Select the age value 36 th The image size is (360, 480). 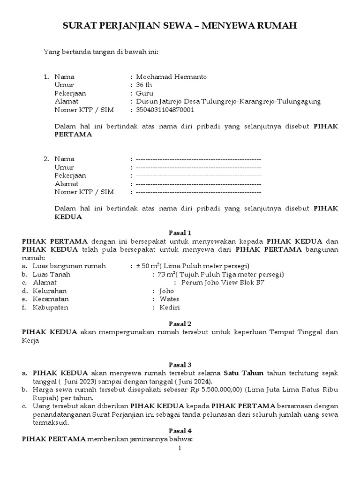click(144, 85)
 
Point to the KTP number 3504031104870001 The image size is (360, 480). click(165, 110)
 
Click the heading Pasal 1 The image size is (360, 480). click(180, 232)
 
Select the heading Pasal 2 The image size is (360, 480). click(180, 324)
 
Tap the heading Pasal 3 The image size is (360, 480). click(180, 364)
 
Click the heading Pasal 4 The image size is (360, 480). click(180, 431)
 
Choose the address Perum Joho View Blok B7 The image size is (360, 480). click(219, 283)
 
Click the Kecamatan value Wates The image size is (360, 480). click(169, 299)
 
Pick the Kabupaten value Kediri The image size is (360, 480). click(170, 307)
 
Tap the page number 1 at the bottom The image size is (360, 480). click(180, 448)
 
